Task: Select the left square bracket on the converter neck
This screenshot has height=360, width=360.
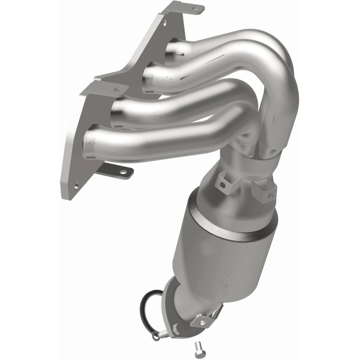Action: (x=223, y=183)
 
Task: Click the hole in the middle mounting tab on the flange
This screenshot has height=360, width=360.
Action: (x=118, y=89)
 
